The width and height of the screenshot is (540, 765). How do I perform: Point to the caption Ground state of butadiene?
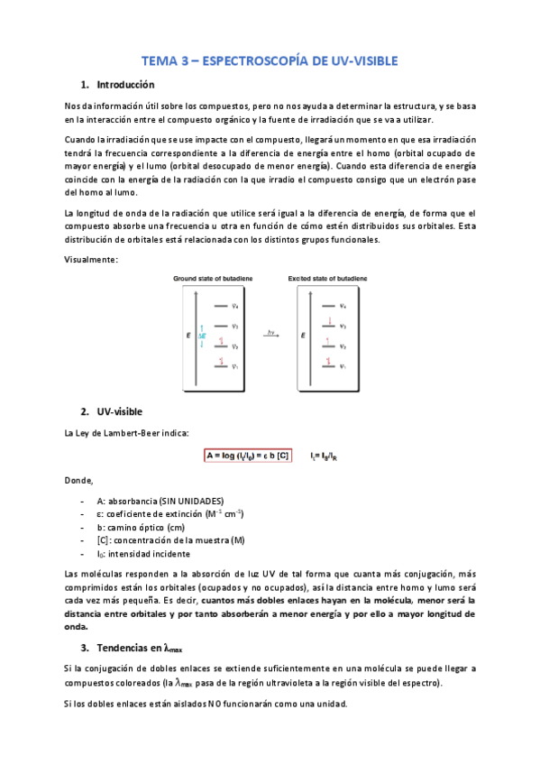point(210,280)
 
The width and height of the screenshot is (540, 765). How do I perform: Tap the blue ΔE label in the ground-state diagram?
point(202,336)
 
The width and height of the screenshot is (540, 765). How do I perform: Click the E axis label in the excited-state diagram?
point(302,336)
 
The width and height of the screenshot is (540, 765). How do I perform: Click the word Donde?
point(79,480)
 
